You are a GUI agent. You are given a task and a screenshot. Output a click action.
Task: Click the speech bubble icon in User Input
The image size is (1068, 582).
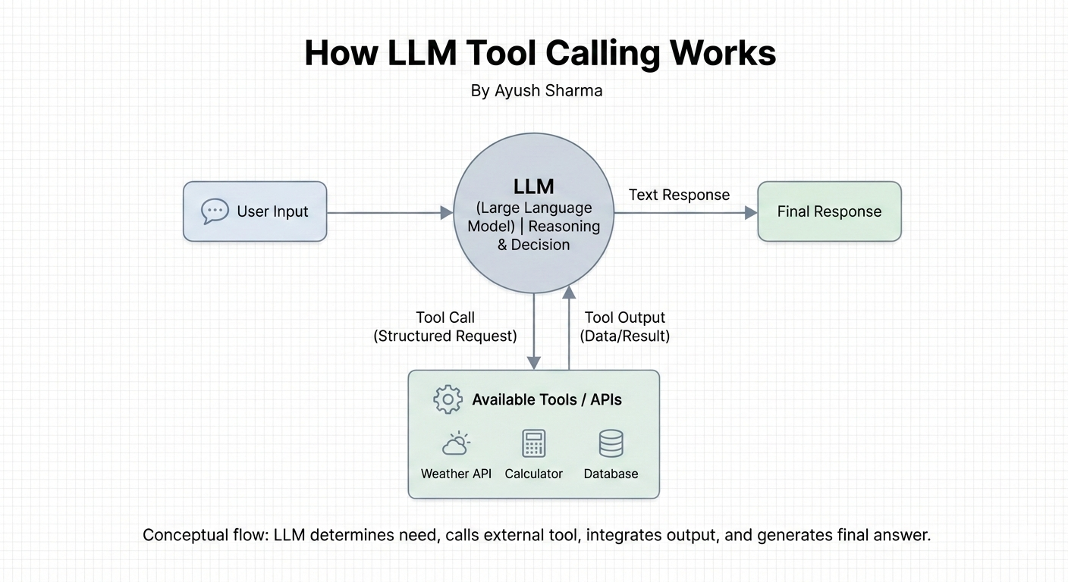click(x=215, y=211)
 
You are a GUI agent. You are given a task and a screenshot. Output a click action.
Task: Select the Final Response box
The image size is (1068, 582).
click(x=830, y=211)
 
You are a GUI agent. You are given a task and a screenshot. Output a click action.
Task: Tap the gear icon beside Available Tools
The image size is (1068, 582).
click(x=448, y=399)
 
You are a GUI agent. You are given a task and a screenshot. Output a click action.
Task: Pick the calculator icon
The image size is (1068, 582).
click(x=533, y=443)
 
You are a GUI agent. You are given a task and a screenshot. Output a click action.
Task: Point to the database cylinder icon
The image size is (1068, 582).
click(x=611, y=443)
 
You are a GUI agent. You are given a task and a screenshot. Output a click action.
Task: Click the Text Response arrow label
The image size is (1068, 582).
click(x=679, y=195)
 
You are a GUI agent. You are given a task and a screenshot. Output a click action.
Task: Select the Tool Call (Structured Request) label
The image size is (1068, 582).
click(x=444, y=327)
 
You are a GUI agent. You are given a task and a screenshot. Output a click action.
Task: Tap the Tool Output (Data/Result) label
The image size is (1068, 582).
click(x=624, y=327)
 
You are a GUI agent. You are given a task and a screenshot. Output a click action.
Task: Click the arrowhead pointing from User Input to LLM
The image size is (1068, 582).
click(x=446, y=213)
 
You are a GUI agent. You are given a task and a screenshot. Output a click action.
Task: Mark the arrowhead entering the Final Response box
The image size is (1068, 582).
click(x=751, y=213)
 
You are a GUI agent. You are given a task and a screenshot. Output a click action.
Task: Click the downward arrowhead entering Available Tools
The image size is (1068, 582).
click(x=533, y=363)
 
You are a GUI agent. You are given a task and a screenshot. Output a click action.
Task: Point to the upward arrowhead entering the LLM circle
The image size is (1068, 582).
click(x=569, y=292)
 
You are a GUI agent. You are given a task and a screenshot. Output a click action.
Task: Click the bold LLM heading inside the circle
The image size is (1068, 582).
click(x=533, y=186)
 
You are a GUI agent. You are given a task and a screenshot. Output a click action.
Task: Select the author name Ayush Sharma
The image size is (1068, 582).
click(x=548, y=90)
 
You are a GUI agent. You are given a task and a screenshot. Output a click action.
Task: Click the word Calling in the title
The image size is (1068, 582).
click(x=604, y=53)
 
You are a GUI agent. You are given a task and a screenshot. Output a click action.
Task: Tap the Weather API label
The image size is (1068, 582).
click(x=456, y=474)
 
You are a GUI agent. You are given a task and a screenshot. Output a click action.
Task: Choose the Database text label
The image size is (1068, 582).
click(x=611, y=474)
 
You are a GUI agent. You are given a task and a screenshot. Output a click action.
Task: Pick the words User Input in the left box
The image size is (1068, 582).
click(x=273, y=211)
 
